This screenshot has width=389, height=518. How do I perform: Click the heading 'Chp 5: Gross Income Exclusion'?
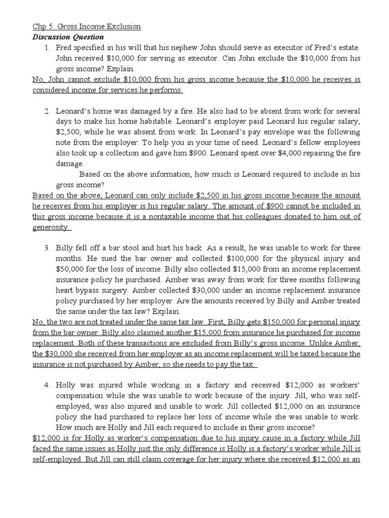87,26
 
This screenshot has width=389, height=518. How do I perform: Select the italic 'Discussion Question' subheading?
68,37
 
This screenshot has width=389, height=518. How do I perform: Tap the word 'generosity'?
50,227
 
